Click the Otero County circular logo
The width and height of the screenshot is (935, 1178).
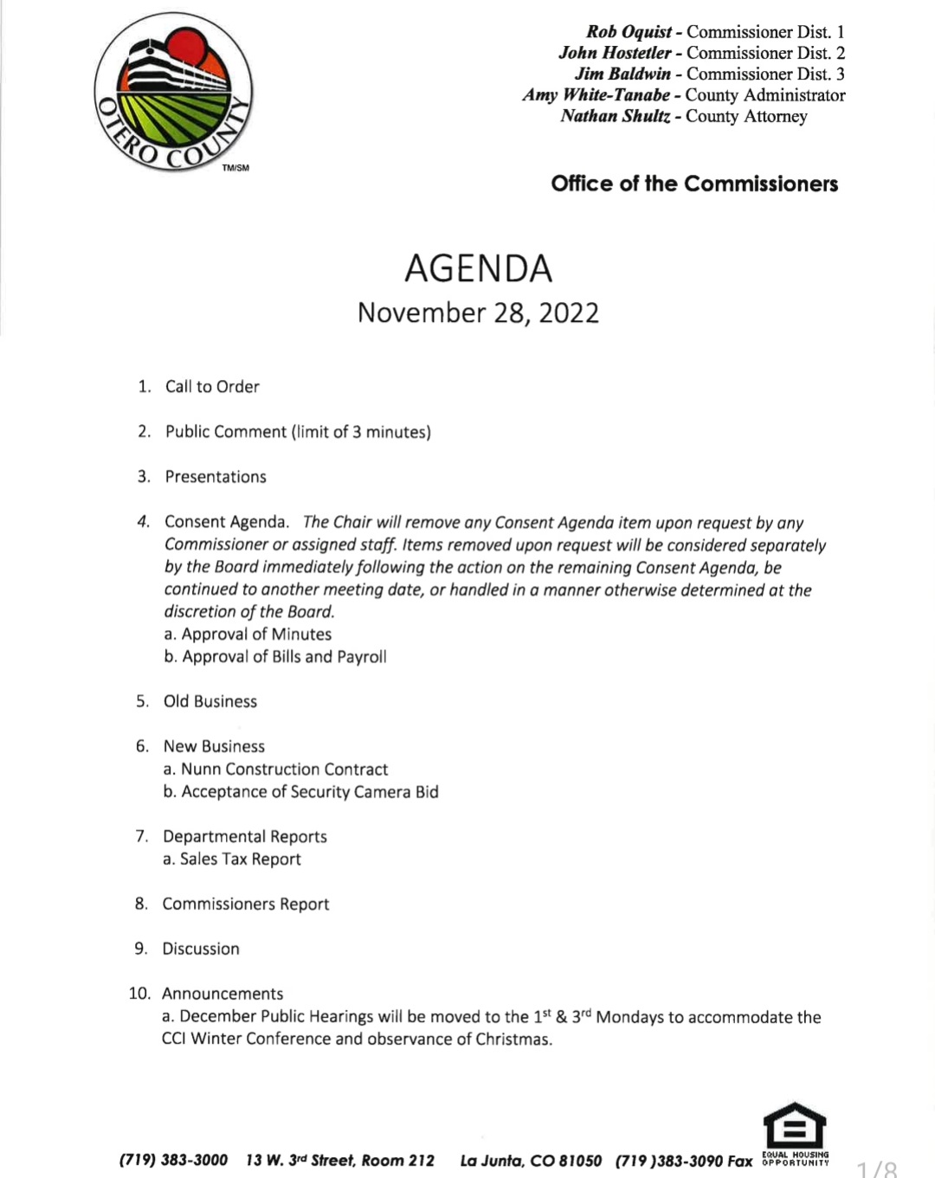(x=173, y=93)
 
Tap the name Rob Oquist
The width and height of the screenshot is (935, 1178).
(x=629, y=32)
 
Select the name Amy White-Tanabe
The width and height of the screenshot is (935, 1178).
(x=596, y=95)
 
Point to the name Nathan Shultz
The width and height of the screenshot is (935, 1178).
(x=615, y=116)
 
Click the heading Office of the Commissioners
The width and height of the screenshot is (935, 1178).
(x=694, y=183)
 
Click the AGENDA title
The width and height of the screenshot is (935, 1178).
(x=478, y=268)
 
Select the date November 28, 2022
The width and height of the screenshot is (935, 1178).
(x=478, y=312)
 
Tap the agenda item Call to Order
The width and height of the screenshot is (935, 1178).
(x=212, y=387)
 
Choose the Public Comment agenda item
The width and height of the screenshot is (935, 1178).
(x=298, y=432)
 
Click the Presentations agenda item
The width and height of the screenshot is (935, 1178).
(x=216, y=477)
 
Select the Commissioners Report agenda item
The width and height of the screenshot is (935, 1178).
(x=246, y=904)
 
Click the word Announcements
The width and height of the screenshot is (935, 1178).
(x=222, y=994)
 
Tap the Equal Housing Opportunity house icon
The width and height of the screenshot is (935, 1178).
(x=795, y=1125)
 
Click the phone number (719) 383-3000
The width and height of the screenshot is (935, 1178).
(x=173, y=1160)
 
